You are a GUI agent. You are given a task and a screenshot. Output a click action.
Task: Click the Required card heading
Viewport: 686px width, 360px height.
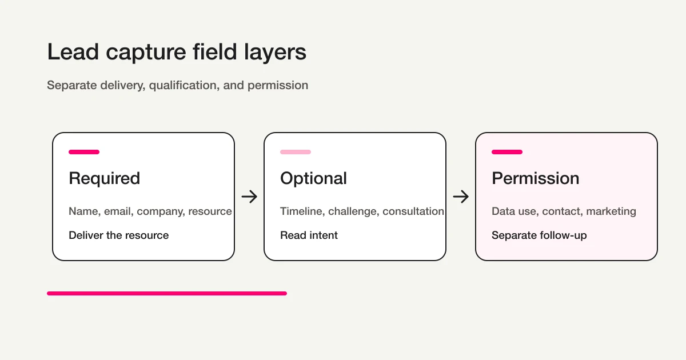point(104,178)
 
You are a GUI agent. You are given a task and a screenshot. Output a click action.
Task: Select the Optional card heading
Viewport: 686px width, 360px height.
point(313,178)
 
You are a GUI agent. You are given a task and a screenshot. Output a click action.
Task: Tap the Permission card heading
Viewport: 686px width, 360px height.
point(535,178)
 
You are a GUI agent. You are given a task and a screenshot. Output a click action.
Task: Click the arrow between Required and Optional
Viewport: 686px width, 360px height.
point(249,197)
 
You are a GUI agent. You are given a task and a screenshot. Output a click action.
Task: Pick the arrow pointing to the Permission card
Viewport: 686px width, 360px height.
point(461,197)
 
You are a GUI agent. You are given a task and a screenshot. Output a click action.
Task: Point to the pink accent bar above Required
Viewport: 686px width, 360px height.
point(84,152)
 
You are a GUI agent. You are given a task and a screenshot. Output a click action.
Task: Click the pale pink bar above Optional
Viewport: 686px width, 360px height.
point(296,152)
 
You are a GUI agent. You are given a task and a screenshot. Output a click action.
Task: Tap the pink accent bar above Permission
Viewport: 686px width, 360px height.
point(507,152)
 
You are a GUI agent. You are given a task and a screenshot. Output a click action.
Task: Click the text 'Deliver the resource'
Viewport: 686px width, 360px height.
point(118,235)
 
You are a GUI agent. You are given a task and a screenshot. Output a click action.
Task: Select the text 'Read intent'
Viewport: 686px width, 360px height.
point(309,235)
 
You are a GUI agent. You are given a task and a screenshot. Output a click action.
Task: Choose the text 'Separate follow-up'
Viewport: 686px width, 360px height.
point(539,235)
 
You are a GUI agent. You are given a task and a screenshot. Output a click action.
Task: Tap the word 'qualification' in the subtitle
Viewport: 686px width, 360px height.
point(183,85)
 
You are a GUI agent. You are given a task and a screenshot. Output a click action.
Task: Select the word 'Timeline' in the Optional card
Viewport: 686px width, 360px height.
point(302,211)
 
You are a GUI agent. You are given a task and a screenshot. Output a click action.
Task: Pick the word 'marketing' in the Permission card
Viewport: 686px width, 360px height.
point(611,211)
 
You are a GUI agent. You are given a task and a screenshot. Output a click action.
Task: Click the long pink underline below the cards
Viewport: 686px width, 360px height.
point(166,293)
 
